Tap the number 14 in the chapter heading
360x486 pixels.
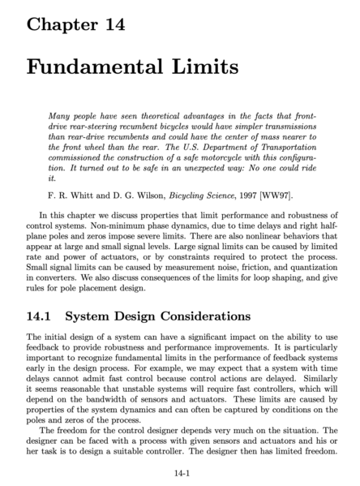[x=111, y=24]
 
